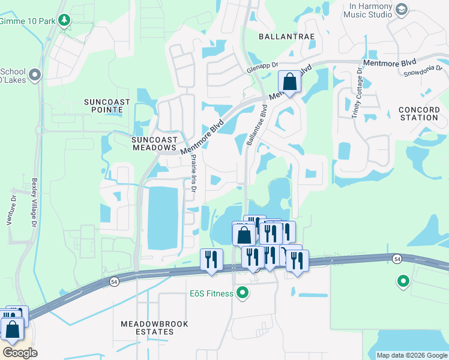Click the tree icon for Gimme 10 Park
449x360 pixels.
coord(64,20)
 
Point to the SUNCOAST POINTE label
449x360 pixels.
coord(106,106)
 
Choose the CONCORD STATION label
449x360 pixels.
coord(418,113)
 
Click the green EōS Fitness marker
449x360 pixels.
coord(243,293)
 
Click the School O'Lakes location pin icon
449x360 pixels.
coord(34,75)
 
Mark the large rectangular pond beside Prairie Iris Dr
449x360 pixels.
coord(163,218)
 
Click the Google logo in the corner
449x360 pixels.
coord(20,353)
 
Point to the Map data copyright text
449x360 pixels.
coord(412,355)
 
